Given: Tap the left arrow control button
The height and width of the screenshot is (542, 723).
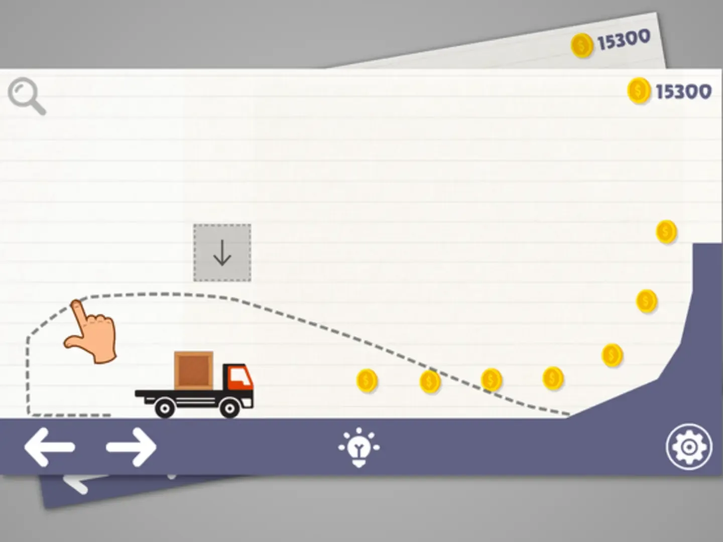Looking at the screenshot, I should (x=49, y=447).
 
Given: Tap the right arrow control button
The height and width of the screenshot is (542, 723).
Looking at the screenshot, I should (x=132, y=447).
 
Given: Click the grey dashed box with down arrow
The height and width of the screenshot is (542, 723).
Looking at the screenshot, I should (x=222, y=252).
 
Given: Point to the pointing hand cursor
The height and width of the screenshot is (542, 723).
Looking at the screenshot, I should (x=93, y=331).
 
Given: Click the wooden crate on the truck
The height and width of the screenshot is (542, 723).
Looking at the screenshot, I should (x=194, y=370).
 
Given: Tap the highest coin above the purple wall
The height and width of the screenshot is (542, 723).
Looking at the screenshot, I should (x=666, y=232).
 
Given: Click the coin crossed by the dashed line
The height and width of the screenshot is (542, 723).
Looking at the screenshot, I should (x=430, y=382).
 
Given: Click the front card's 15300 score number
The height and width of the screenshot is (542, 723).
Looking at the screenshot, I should (x=683, y=91).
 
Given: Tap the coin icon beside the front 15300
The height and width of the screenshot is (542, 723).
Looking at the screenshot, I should (x=639, y=91).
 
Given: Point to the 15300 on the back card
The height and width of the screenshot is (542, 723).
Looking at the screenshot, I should (x=623, y=40).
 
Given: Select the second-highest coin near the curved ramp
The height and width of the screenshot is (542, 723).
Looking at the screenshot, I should (x=647, y=301).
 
